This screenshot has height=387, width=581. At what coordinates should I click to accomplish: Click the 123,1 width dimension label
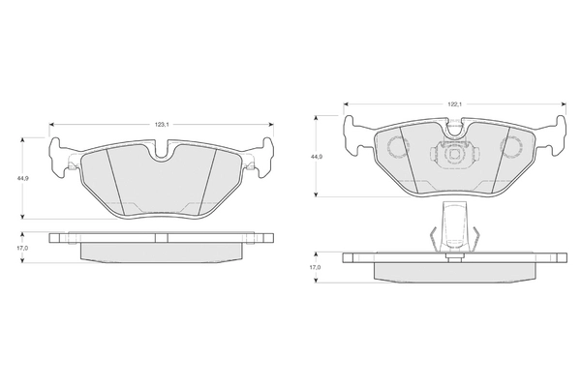162,125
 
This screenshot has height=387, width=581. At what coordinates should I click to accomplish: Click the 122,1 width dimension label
454,104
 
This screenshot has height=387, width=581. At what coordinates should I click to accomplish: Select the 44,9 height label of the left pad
22,178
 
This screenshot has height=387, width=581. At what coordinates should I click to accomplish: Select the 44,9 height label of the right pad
316,157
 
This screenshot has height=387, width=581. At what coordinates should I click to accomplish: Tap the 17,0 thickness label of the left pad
22,248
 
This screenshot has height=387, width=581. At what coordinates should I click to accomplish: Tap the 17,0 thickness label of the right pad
316,267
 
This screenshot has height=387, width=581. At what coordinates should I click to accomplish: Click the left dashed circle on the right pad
397,146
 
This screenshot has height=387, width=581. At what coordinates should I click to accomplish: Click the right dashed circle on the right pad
511,146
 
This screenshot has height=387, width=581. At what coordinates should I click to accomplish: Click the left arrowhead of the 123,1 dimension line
51,125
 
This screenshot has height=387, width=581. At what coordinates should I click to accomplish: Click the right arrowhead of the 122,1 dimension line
564,104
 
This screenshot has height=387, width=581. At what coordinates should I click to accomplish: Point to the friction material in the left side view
162,253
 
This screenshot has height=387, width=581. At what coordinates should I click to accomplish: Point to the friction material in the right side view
454,273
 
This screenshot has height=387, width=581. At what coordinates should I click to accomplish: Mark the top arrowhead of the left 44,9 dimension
22,140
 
